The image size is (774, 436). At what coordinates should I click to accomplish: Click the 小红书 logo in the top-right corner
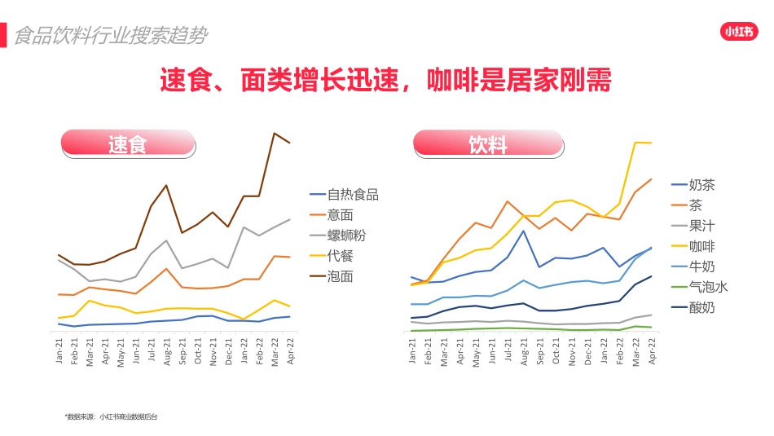[740, 32]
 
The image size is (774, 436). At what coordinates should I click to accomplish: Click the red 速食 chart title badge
[128, 145]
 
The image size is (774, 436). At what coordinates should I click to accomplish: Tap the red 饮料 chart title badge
[488, 144]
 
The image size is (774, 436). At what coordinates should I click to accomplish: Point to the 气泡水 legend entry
[708, 287]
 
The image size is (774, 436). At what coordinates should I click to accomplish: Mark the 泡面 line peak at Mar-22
[275, 133]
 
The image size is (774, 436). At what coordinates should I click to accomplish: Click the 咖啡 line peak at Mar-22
[635, 143]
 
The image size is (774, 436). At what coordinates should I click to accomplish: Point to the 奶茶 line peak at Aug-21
[523, 231]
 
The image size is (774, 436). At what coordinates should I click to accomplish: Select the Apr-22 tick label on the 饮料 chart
[651, 352]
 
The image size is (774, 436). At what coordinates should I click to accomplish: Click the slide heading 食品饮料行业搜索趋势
[111, 36]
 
